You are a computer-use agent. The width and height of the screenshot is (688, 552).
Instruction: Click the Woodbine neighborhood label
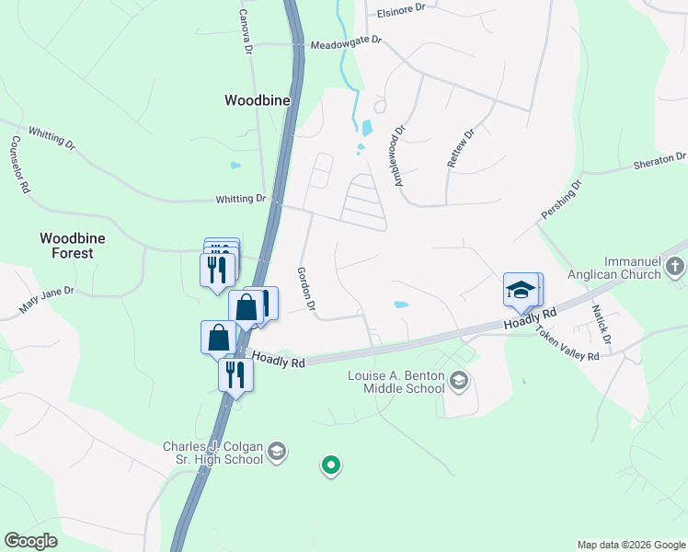[x=258, y=100]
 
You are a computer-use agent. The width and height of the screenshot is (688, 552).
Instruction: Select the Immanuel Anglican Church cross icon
[x=676, y=268]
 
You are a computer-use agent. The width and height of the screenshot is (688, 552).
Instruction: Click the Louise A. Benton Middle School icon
[x=460, y=380]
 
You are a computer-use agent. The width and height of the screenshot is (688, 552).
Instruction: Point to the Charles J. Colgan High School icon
[x=277, y=452]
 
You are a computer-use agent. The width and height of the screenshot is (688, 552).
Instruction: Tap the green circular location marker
[x=331, y=466]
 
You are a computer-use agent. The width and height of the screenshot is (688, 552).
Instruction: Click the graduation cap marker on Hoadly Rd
[x=521, y=290]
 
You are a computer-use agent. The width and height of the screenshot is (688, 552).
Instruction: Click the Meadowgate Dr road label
[x=346, y=43]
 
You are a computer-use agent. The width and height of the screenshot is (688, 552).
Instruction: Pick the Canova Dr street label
[x=245, y=31]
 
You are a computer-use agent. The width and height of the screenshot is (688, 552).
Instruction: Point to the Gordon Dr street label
[x=306, y=288]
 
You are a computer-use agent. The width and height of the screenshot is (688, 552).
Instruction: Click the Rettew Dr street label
[x=460, y=147]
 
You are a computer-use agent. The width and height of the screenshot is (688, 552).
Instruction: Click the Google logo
[x=32, y=541]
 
